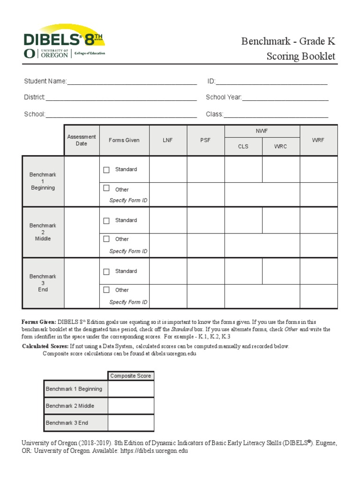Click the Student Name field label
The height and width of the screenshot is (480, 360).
tap(45, 82)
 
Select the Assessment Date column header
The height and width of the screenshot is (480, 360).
tap(82, 140)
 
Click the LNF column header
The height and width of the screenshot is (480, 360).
tap(168, 140)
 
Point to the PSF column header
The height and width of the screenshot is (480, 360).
tap(205, 140)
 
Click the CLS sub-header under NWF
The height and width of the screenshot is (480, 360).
tap(243, 146)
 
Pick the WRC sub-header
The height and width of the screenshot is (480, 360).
tap(280, 146)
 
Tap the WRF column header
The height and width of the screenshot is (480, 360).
tap(318, 140)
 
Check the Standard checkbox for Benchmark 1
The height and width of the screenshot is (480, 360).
tap(106, 170)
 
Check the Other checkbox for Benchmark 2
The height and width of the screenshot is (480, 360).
tap(106, 239)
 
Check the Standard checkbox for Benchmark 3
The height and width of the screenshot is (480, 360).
tap(106, 271)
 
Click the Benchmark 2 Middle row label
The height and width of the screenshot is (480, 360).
tap(43, 232)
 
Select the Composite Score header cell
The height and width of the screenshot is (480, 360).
tap(130, 376)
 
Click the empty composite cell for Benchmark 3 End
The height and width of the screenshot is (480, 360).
tap(131, 423)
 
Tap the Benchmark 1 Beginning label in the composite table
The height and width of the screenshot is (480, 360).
tap(74, 389)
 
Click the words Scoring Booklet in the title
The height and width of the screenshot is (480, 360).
tap(301, 57)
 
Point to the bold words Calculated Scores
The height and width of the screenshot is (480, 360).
tap(45, 346)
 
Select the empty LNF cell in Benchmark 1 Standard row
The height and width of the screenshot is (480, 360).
tap(168, 169)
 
